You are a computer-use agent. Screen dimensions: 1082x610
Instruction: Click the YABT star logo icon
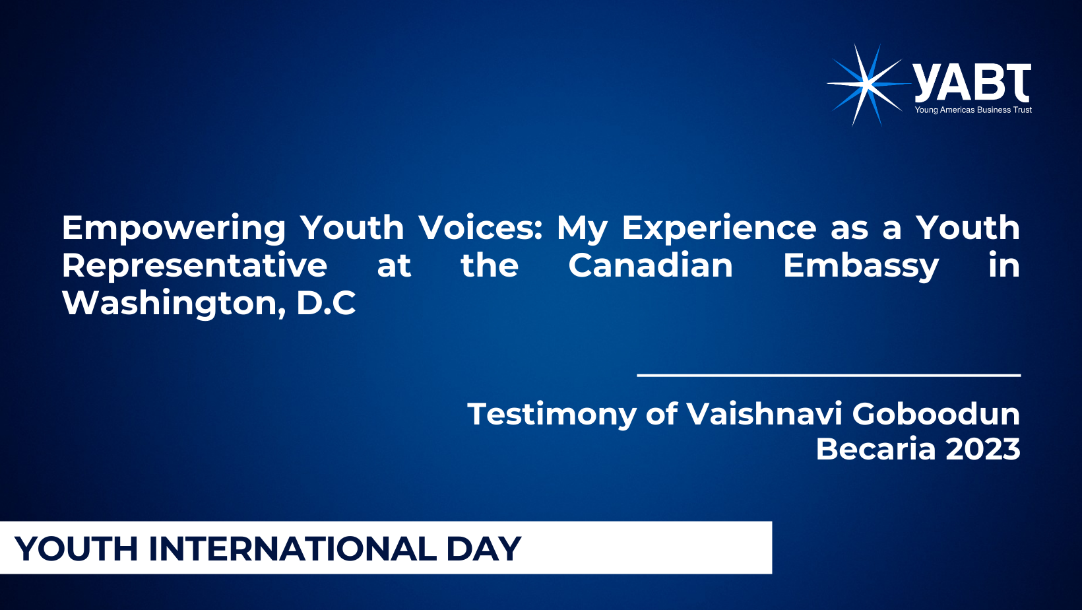[x=868, y=85]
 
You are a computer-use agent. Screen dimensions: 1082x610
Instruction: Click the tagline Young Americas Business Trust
[x=973, y=110]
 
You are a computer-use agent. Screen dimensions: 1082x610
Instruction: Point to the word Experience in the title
[x=718, y=228]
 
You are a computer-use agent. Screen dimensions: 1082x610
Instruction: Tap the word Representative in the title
[x=194, y=265]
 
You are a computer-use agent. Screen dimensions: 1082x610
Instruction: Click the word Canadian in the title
[x=650, y=265]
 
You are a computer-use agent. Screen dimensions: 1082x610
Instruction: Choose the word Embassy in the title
[x=861, y=266]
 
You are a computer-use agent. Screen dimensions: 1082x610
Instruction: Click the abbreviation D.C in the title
[x=326, y=304]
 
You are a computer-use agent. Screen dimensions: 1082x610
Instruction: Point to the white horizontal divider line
[x=829, y=375]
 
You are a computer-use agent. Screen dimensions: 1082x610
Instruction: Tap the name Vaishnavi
[x=764, y=414]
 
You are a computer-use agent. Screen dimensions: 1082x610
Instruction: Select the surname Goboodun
[x=936, y=414]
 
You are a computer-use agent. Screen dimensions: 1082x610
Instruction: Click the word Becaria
[x=875, y=449]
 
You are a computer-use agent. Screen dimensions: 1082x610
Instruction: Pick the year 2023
[x=982, y=449]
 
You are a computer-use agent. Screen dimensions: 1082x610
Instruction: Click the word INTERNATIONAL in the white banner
[x=292, y=549]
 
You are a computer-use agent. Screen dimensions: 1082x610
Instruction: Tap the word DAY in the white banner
[x=484, y=549]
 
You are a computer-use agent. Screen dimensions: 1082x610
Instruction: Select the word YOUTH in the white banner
[x=77, y=549]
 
